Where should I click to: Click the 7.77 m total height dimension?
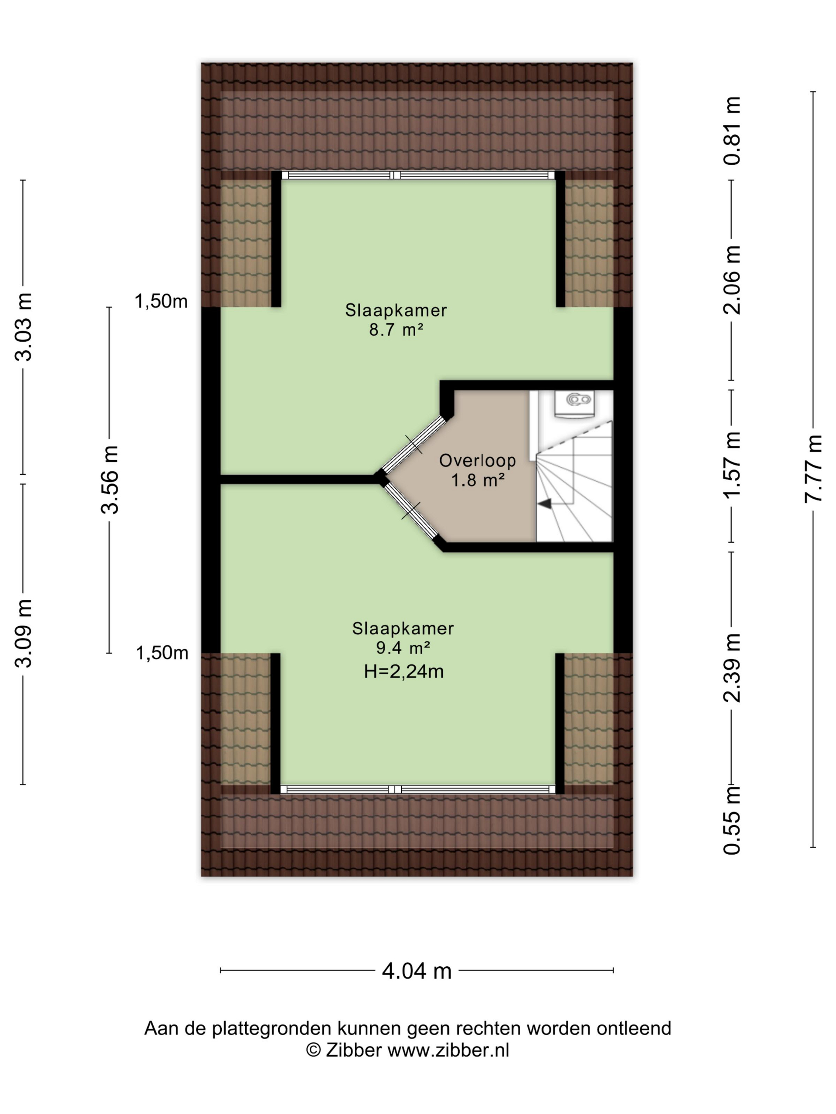(x=813, y=468)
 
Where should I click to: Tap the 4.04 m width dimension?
(x=416, y=970)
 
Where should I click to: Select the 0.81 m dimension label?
(x=732, y=131)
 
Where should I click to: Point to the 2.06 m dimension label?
(x=732, y=280)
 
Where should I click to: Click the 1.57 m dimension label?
(x=732, y=465)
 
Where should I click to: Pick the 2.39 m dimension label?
(x=732, y=668)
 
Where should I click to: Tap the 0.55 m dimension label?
(x=732, y=820)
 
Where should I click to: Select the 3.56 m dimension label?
(x=109, y=479)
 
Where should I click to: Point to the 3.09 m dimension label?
(x=23, y=633)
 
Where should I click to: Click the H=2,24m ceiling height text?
(x=404, y=671)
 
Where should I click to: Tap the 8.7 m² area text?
(x=396, y=330)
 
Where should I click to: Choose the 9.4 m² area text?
(x=402, y=648)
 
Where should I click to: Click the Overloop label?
(x=477, y=460)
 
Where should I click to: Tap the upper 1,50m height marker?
(x=161, y=301)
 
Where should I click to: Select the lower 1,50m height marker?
(x=162, y=653)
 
